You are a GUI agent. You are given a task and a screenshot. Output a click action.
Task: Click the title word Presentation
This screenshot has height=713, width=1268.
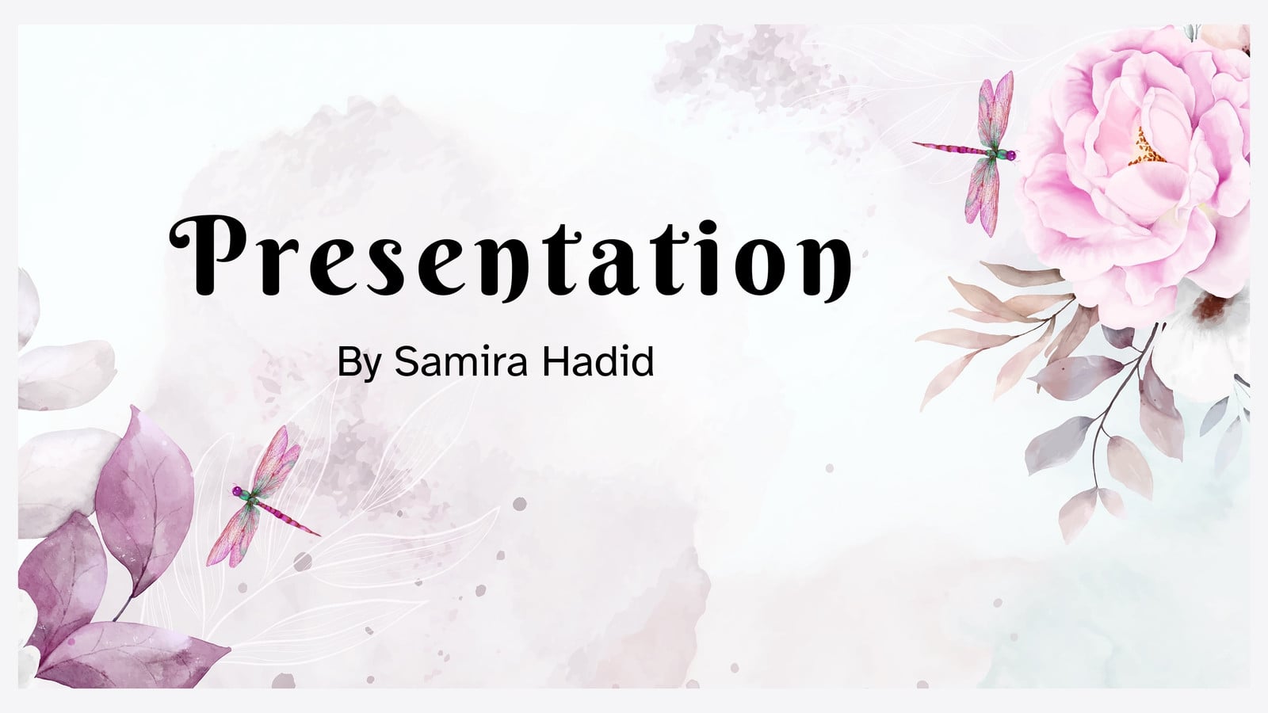[510, 257]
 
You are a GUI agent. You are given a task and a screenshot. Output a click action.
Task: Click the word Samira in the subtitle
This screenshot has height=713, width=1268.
[460, 361]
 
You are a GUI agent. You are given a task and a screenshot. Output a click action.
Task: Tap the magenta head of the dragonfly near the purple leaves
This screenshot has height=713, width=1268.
[237, 490]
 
